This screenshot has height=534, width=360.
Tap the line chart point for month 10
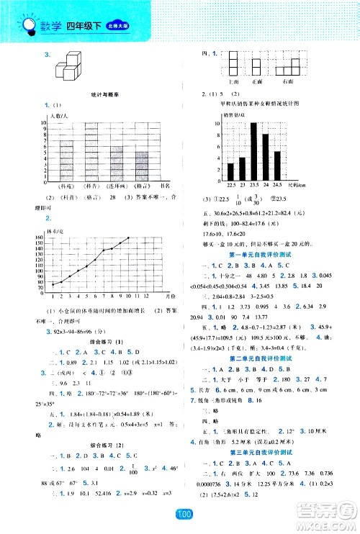[130, 238]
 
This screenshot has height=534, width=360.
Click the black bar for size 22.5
[231, 171]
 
